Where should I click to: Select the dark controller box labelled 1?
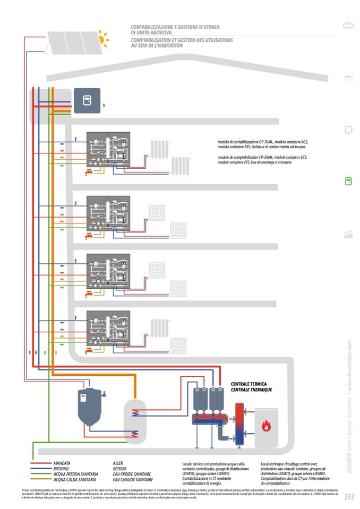[87, 100]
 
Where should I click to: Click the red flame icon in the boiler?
[264, 425]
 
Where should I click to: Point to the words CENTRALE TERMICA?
[248, 384]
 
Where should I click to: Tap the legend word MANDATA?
[62, 463]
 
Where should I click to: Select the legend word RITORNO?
[61, 469]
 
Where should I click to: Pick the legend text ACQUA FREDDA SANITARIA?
[74, 474]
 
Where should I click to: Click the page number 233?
[349, 497]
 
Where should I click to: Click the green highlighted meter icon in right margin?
[348, 181]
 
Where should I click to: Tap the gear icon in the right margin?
[348, 129]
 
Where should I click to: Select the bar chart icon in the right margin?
[348, 234]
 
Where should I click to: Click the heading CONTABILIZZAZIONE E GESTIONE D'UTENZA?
[175, 27]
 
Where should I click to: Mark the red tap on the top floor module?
[89, 172]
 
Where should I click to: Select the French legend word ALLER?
[118, 463]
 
